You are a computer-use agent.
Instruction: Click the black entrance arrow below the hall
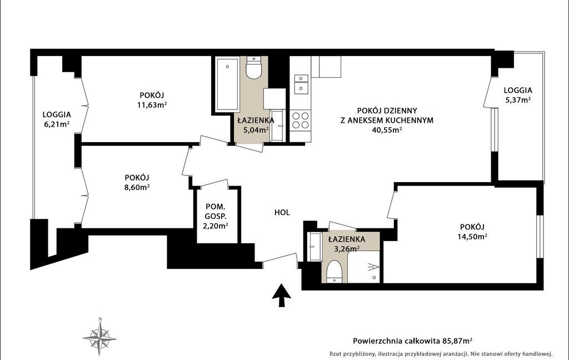[x=282, y=296]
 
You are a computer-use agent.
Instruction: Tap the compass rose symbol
[x=100, y=337]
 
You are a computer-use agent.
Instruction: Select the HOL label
[x=282, y=213]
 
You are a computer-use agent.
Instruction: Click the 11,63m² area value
[x=152, y=105]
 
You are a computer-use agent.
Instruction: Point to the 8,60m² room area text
[x=137, y=187]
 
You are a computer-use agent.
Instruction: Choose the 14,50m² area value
[x=472, y=237]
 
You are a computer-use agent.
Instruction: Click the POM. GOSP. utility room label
[x=215, y=212]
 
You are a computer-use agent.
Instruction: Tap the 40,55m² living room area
[x=387, y=130]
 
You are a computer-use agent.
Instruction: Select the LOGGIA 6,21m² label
[x=57, y=119]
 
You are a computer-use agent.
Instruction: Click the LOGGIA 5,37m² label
[x=518, y=95]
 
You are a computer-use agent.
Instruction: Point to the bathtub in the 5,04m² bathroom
[x=227, y=84]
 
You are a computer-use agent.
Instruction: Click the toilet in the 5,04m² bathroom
[x=253, y=68]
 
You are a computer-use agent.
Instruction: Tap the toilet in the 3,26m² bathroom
[x=334, y=272]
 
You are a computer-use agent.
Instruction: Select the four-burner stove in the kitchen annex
[x=301, y=121]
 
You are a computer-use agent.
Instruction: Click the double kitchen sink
[x=301, y=84]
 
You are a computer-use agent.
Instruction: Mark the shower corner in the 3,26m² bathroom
[x=364, y=267]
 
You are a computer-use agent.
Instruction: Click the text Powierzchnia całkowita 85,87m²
[x=413, y=341]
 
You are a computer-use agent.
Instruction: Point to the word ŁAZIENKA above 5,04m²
[x=256, y=120]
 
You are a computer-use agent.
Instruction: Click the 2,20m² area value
[x=215, y=226]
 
